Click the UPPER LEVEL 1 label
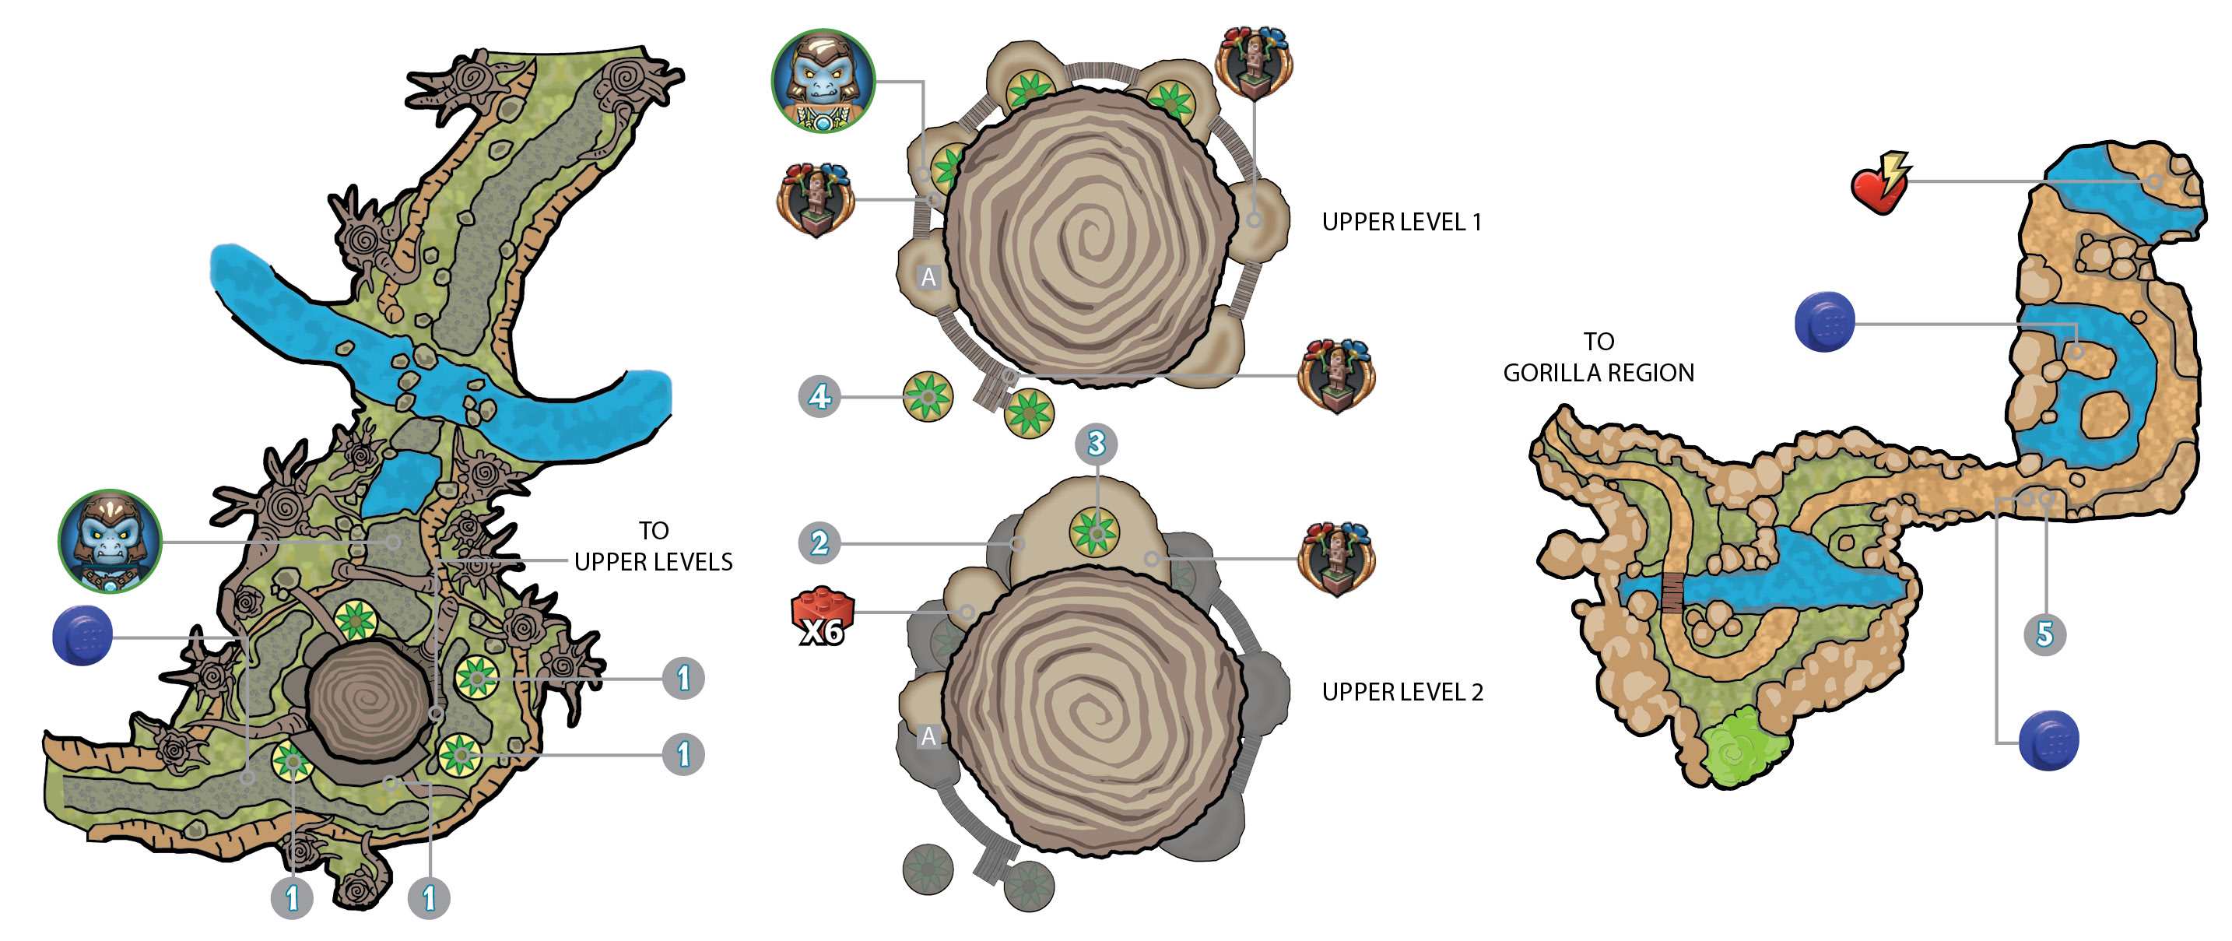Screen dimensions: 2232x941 (1401, 222)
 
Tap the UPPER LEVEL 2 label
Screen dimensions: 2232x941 (1402, 691)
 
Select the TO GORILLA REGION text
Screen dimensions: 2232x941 (1599, 357)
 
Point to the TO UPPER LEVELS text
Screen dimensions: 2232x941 (653, 546)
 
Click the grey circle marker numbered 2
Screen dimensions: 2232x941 (819, 543)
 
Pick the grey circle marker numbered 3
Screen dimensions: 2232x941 (1096, 444)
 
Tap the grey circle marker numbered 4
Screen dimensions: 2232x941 (819, 397)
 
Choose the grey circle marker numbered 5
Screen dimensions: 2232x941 (2045, 634)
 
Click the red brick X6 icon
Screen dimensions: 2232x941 (823, 617)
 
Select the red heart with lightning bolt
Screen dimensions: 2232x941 (1881, 183)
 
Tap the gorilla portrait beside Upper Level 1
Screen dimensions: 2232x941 (823, 82)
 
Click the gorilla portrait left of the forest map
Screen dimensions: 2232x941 (110, 542)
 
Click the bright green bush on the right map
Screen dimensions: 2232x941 (1740, 747)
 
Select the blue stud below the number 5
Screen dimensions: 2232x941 (2049, 740)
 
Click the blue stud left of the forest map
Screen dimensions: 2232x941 (83, 635)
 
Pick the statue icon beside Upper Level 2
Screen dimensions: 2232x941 (1336, 559)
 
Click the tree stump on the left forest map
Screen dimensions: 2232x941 (369, 700)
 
